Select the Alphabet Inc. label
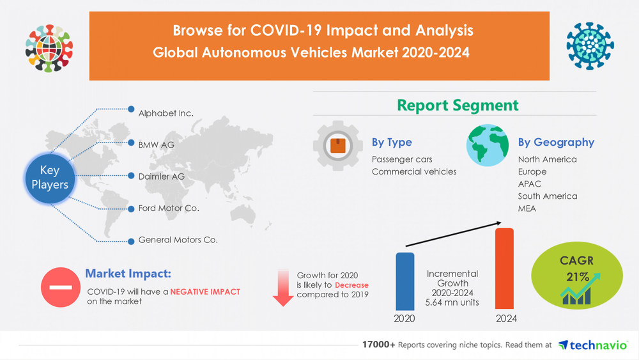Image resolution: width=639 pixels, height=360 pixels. tap(166, 113)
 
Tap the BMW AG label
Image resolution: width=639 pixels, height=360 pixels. tap(156, 145)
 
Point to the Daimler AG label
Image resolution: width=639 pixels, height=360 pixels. tap(161, 176)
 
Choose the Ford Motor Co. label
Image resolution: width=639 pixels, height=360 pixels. tap(169, 208)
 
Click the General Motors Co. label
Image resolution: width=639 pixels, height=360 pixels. tap(178, 240)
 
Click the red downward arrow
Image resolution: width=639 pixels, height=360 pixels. tap(282, 287)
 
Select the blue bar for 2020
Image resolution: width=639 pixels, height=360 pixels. tap(404, 281)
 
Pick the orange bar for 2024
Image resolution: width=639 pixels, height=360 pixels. tap(504, 269)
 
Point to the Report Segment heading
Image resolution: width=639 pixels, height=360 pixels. tap(458, 105)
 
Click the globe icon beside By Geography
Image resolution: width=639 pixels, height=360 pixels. tap(487, 146)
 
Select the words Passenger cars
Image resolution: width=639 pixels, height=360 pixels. tap(402, 159)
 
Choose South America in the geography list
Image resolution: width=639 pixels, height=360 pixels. tap(547, 196)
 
